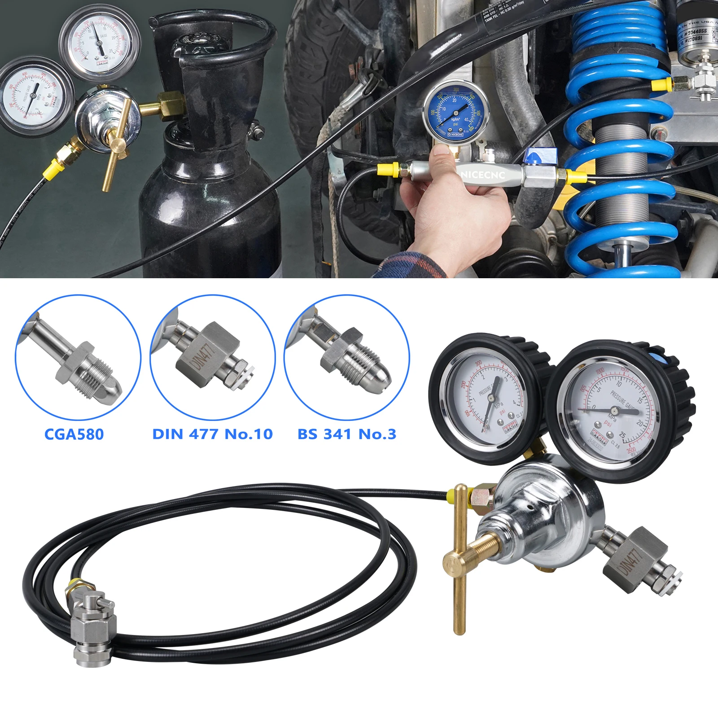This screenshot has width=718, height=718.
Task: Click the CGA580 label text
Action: pos(74,434)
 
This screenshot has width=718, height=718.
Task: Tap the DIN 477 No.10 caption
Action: pos(212,434)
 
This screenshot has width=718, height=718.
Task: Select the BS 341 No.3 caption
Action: pos(347,434)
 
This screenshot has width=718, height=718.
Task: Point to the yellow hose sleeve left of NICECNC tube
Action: pos(389,170)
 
